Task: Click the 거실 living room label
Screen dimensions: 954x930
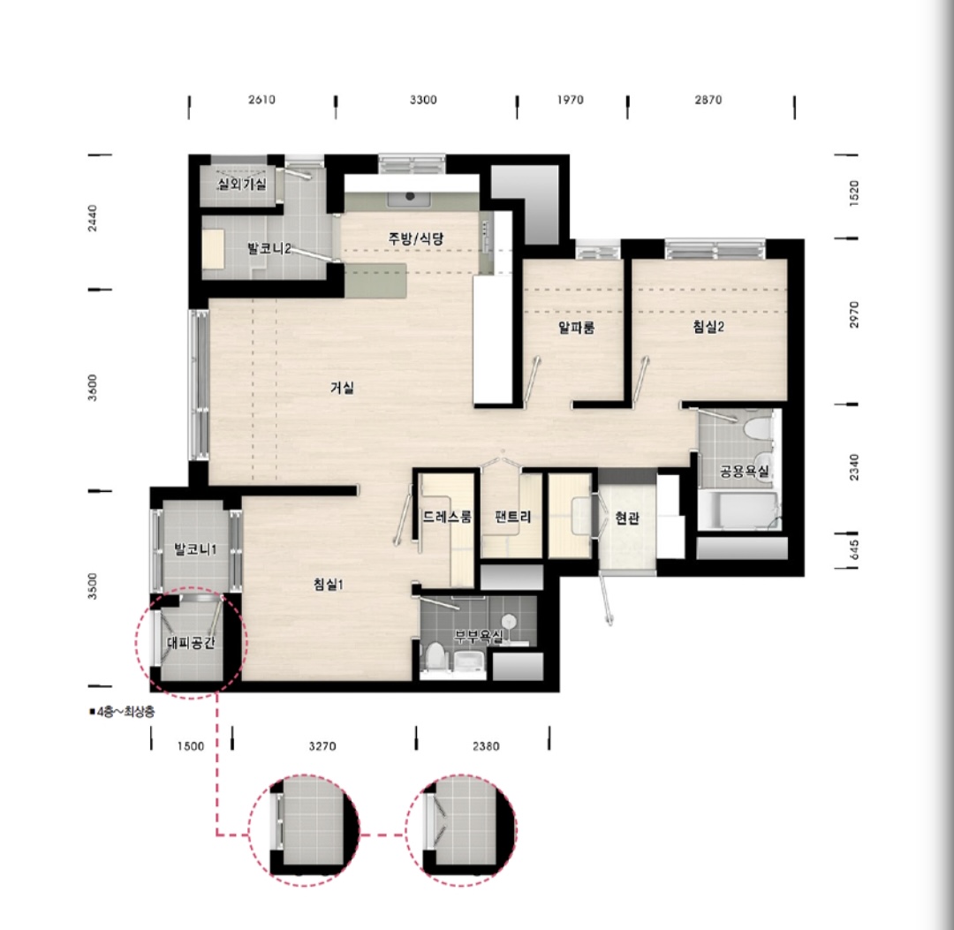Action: [x=342, y=388]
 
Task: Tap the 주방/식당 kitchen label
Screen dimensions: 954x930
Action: [x=416, y=238]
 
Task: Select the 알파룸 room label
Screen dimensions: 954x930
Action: [x=576, y=328]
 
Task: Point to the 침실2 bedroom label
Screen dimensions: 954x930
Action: [x=708, y=327]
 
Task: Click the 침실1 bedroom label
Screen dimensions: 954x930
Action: [x=329, y=585]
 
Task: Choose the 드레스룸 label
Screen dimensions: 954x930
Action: [x=447, y=517]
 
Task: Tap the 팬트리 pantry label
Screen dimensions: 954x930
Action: [x=513, y=517]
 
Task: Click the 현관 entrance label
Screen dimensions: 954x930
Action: [x=626, y=518]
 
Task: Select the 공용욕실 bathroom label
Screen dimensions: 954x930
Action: [x=744, y=472]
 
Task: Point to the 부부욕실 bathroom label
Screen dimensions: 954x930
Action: [x=479, y=636]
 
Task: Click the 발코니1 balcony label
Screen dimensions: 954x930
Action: [x=195, y=550]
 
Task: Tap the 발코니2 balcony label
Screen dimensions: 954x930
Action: [x=269, y=248]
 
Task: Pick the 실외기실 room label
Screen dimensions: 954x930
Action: [x=242, y=184]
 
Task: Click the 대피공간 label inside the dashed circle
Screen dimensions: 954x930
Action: [x=191, y=643]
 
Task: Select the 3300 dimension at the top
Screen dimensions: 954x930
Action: [x=423, y=100]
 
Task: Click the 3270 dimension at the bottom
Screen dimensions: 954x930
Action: [x=322, y=746]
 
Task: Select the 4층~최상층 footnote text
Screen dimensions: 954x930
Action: [x=122, y=712]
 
